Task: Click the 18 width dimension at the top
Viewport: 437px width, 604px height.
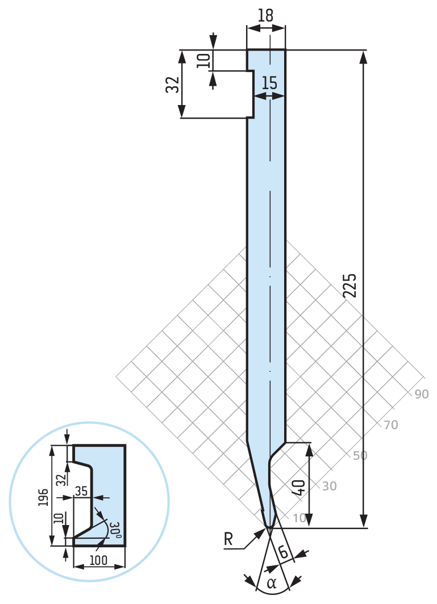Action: (266, 15)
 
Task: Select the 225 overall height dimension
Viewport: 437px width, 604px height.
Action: (350, 286)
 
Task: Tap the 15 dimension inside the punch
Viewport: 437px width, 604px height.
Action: (269, 83)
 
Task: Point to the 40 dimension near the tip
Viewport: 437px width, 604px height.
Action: (299, 487)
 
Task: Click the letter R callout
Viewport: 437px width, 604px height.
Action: (228, 539)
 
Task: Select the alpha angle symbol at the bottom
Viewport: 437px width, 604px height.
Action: (272, 583)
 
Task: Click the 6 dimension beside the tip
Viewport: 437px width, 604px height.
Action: (284, 552)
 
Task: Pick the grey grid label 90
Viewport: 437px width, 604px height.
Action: (421, 394)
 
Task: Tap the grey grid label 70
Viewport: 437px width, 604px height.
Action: (391, 425)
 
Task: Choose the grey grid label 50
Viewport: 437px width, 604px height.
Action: (360, 455)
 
